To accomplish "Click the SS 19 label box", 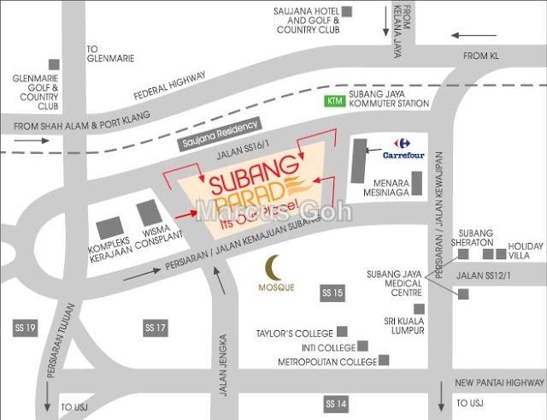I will coord(26,328).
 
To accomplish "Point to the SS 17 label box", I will coord(155,328).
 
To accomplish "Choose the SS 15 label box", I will coord(332,293).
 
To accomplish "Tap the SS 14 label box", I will coord(336,402).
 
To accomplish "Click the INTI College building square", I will coord(363,346).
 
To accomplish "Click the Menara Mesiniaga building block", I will coord(416,183).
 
